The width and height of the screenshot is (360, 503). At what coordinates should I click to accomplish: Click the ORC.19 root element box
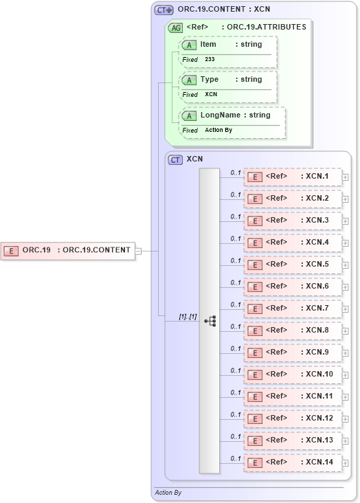point(68,250)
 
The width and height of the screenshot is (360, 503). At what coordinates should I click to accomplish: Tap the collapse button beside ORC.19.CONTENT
point(138,251)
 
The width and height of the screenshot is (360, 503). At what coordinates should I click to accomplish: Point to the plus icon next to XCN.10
point(346,375)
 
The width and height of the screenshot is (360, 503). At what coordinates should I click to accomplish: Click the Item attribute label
point(208,45)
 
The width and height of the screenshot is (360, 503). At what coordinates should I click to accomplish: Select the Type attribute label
point(210,80)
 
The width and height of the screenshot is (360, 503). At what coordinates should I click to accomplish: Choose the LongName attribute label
point(221,115)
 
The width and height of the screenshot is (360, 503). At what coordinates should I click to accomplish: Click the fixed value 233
point(210,60)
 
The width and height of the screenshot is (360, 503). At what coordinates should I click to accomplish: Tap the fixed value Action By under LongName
point(218,130)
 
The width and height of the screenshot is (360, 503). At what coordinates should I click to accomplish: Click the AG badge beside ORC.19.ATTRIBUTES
point(175,27)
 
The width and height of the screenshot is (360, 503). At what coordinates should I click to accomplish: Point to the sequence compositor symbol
point(210,320)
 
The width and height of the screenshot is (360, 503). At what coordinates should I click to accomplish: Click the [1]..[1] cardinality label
point(188,317)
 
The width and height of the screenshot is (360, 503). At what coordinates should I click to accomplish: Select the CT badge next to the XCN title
point(175,159)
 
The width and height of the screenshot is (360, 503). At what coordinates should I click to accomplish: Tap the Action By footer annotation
point(168,493)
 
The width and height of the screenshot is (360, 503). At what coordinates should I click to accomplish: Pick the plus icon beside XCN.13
point(346,441)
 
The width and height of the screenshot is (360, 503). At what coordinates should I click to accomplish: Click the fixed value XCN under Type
point(212,95)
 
